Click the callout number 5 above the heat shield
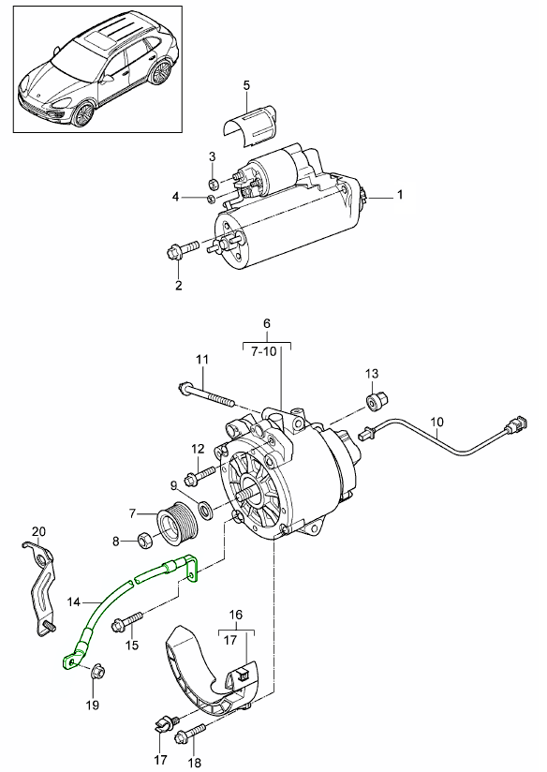246,85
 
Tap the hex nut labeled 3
214,184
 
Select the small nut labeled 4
210,200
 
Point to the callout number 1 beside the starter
400,195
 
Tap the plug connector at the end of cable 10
515,423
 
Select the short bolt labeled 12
200,476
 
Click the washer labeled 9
205,510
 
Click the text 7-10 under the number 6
266,353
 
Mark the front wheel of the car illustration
83,114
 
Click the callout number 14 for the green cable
73,601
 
